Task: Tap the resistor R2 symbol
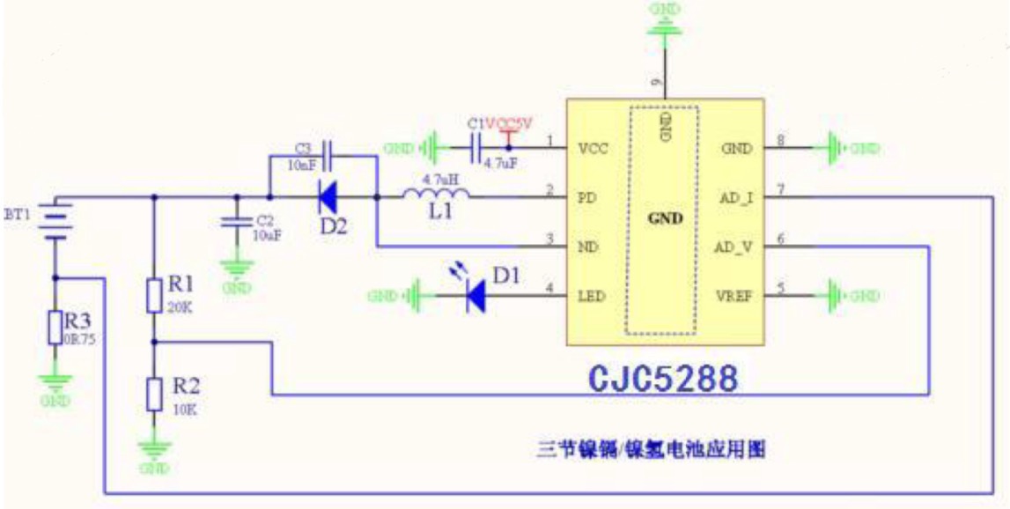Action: (153, 394)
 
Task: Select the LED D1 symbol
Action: (476, 296)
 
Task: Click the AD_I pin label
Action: (735, 198)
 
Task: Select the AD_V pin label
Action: (735, 247)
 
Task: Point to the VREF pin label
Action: (735, 296)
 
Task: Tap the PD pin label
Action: (585, 198)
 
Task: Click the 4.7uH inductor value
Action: (438, 179)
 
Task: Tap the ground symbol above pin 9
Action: (664, 23)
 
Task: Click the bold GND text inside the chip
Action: (664, 218)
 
